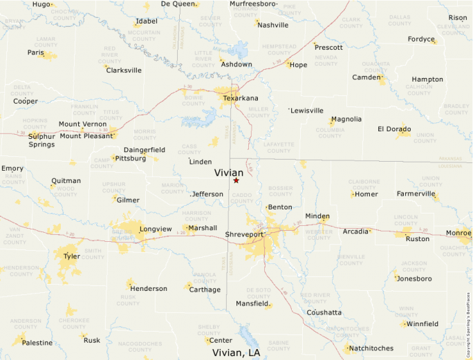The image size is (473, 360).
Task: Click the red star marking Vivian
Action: [x=236, y=180]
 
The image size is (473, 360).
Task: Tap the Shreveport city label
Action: [x=245, y=235]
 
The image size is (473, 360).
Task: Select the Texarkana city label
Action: [x=241, y=98]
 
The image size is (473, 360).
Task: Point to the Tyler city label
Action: [x=71, y=256]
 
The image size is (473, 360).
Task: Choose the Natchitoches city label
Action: [x=371, y=348]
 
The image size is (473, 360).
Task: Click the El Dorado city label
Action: [x=394, y=129]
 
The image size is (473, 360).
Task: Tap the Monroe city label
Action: [x=458, y=233]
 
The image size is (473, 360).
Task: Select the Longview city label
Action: [x=156, y=229]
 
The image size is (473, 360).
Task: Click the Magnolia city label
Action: [x=346, y=119]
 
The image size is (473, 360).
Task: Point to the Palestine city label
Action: [x=37, y=343]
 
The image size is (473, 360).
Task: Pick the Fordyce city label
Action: [x=421, y=39]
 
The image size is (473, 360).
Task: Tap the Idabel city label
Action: [x=147, y=21]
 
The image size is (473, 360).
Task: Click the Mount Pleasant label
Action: [x=86, y=136]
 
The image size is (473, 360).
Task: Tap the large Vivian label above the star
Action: [x=229, y=173]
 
